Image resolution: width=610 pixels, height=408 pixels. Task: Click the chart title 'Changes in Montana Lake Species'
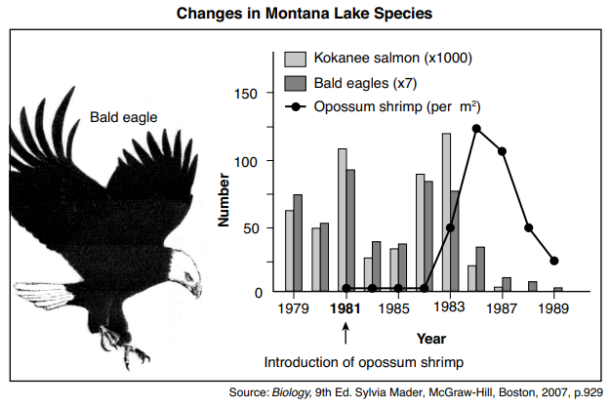(305, 15)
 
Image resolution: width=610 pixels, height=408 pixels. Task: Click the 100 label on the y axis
(249, 161)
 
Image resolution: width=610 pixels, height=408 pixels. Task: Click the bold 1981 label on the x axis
(346, 308)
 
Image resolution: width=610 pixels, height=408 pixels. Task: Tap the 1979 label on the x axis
(293, 308)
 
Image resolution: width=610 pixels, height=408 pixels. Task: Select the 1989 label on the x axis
(554, 308)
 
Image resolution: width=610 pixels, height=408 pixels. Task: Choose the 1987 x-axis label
(502, 308)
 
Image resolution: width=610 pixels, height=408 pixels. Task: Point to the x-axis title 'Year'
(431, 339)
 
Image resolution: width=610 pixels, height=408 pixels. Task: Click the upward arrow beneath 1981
(346, 333)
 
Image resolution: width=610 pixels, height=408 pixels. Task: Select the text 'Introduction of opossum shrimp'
(364, 362)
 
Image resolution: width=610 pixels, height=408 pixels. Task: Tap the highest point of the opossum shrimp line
(476, 128)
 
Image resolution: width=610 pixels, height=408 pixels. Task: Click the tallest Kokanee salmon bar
(446, 211)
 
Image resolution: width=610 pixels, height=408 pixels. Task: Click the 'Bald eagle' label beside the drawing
(124, 117)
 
